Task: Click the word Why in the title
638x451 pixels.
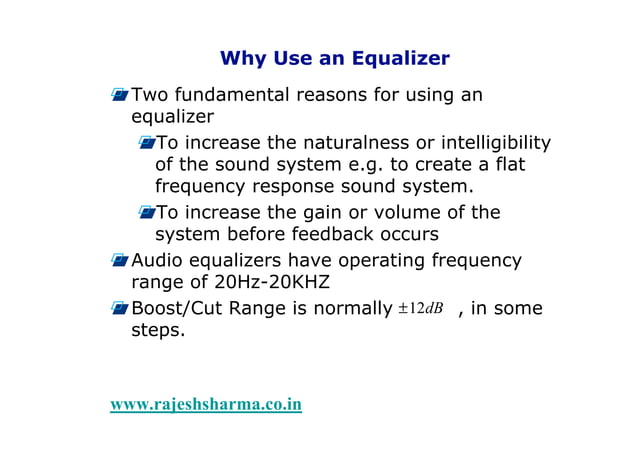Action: pyautogui.click(x=241, y=58)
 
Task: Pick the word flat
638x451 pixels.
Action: pyautogui.click(x=508, y=164)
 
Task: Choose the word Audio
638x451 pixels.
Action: pyautogui.click(x=160, y=261)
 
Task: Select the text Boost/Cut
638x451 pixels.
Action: pyautogui.click(x=178, y=309)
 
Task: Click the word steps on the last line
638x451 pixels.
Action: pyautogui.click(x=158, y=331)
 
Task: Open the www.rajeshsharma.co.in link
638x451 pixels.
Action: pyautogui.click(x=206, y=404)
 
